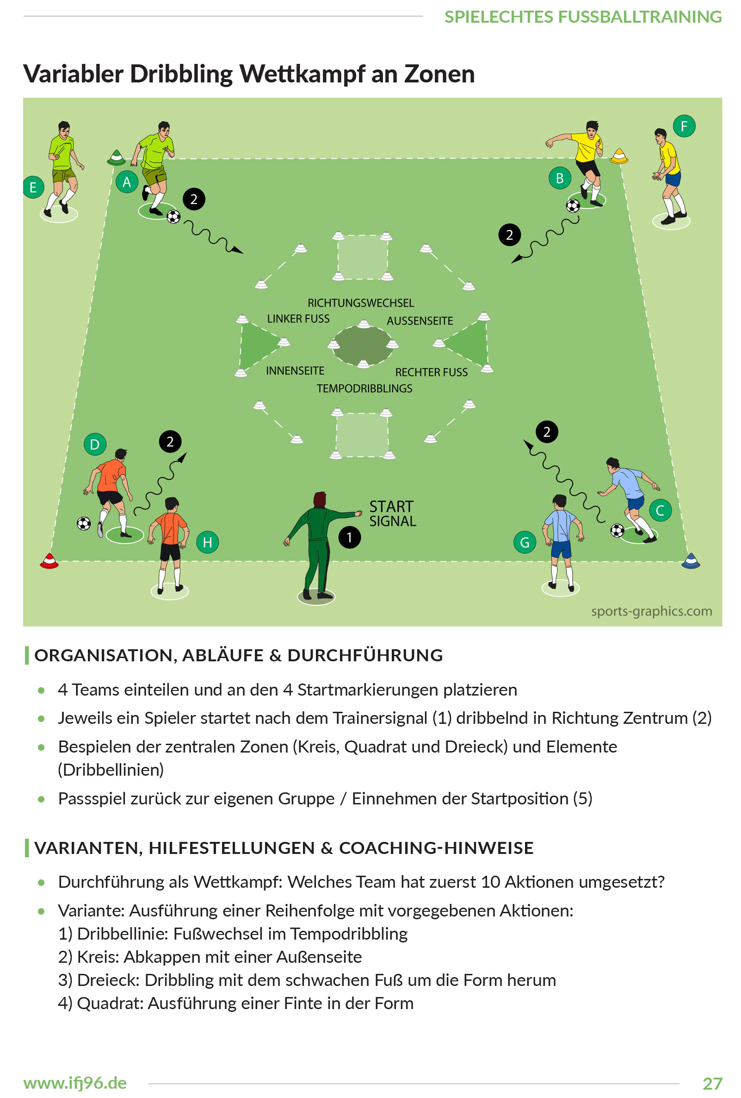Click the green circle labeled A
[126, 182]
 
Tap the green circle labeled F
[684, 126]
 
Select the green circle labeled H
[207, 542]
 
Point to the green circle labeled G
[525, 542]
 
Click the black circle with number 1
[349, 537]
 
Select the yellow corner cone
[618, 156]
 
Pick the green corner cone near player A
[116, 157]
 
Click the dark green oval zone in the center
[363, 345]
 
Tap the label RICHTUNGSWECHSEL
[361, 303]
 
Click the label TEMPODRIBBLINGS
[364, 389]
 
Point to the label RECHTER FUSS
[432, 372]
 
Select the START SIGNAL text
[392, 514]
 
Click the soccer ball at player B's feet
[573, 206]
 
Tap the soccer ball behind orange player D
[84, 523]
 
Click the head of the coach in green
[320, 498]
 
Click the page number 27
[712, 1083]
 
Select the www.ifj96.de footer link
[75, 1082]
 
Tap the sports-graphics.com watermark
[651, 611]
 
